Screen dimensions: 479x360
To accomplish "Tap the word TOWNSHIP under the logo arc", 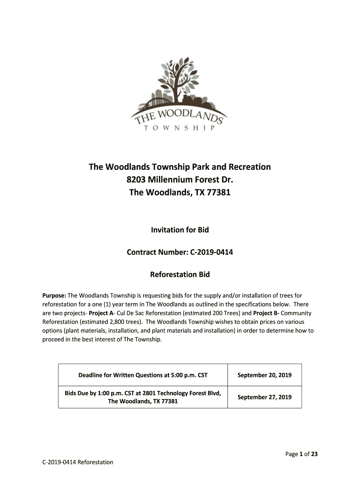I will point(180,128).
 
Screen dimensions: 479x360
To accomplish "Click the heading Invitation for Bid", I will point(180,230).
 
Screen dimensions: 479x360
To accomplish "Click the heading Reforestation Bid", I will point(180,275).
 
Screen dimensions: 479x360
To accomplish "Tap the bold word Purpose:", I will point(55,296).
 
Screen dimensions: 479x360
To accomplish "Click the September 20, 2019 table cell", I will point(264,375).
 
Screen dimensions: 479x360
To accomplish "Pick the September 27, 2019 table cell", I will point(264,397).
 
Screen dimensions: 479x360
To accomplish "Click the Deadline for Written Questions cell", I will point(143,375).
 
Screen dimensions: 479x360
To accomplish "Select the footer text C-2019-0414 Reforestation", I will point(78,462).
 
